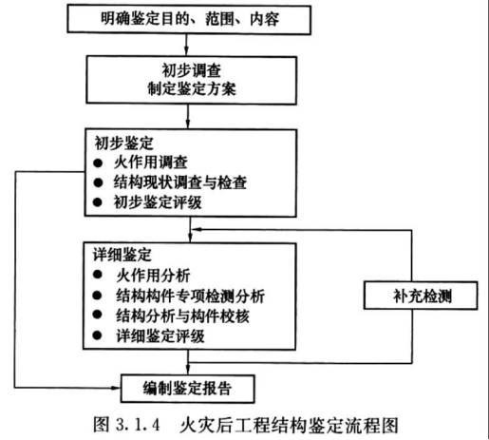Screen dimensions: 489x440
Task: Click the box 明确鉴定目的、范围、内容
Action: click(189, 19)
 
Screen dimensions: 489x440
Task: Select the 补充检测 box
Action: click(421, 296)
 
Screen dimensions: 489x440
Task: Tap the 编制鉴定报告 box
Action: click(187, 389)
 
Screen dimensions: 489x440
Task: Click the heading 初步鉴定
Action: click(123, 143)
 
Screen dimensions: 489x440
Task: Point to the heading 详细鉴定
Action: click(122, 255)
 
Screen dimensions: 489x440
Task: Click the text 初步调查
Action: click(192, 70)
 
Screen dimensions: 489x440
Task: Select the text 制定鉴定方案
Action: click(192, 88)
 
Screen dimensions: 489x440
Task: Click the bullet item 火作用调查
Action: click(151, 163)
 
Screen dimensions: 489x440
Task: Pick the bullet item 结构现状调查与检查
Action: click(180, 182)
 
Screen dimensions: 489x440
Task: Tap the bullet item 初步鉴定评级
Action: click(158, 202)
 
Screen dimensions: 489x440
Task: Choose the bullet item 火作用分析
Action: click(153, 276)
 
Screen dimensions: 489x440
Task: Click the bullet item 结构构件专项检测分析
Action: click(191, 296)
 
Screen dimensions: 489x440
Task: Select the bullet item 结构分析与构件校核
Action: click(182, 316)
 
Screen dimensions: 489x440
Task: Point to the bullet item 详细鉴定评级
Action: click(160, 335)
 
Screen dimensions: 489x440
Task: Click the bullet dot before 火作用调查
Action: click(98, 163)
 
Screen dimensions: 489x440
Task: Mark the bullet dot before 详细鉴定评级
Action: click(97, 335)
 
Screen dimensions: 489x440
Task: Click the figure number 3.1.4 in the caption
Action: click(138, 425)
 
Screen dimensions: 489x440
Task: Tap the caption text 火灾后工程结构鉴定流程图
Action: click(289, 425)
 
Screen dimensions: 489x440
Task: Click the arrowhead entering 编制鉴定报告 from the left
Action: click(117, 388)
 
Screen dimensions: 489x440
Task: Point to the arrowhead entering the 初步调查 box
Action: click(186, 51)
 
